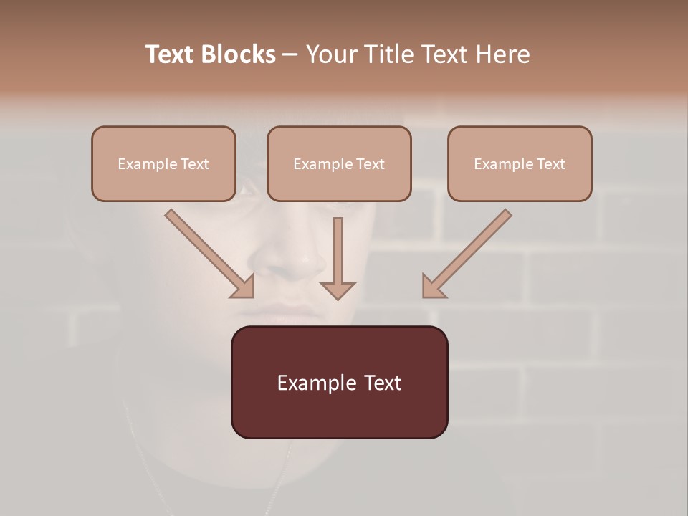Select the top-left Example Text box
pyautogui.click(x=163, y=163)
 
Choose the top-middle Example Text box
pyautogui.click(x=339, y=163)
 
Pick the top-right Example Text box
pyautogui.click(x=520, y=163)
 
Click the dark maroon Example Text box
pyautogui.click(x=339, y=382)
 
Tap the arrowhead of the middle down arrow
pyautogui.click(x=338, y=290)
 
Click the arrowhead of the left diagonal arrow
pyautogui.click(x=244, y=287)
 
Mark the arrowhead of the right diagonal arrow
pyautogui.click(x=433, y=287)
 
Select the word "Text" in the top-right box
pyautogui.click(x=550, y=164)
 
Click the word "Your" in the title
pyautogui.click(x=330, y=54)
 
